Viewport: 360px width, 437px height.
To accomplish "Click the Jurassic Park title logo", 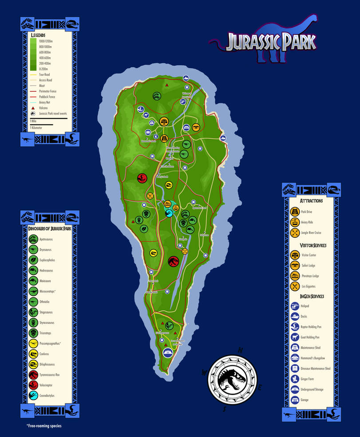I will point(271,42).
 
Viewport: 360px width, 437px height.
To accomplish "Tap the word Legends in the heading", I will point(38,35).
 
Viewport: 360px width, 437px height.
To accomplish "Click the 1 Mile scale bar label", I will point(34,121).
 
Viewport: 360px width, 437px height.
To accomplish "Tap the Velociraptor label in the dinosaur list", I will point(47,385).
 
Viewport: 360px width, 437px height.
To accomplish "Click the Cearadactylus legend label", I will point(48,396).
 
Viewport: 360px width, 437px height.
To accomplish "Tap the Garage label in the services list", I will point(306,400).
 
